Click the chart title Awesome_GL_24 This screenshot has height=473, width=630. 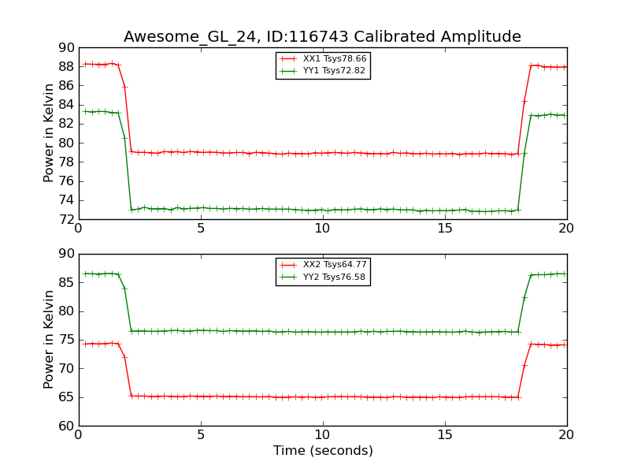322,37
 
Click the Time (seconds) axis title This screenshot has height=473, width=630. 323,451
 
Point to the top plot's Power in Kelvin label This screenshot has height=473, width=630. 49,132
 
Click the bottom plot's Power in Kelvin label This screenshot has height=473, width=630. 49,339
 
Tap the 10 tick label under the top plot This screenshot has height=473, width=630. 323,229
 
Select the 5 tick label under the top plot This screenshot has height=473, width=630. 201,229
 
